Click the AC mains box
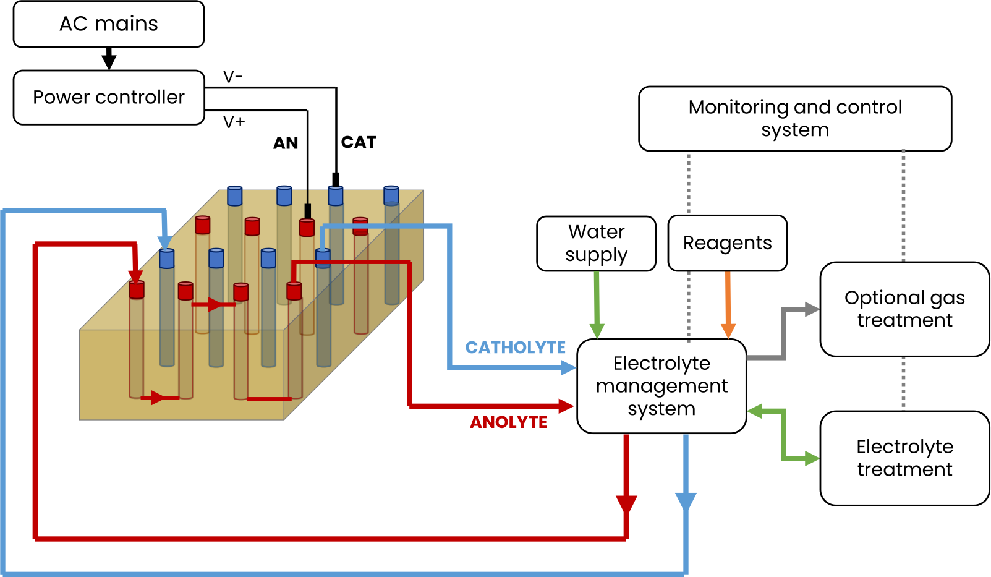[x=109, y=24]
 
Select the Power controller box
[x=109, y=98]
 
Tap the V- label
[x=233, y=77]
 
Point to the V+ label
[x=234, y=122]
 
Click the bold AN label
[x=286, y=143]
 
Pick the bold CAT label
[x=359, y=142]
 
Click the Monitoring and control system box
[x=795, y=119]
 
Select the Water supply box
[x=597, y=244]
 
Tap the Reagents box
[x=728, y=243]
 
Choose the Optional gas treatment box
[x=904, y=309]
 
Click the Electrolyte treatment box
[x=904, y=458]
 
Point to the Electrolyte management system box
[x=661, y=386]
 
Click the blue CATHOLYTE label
[x=516, y=348]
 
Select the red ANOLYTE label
[x=509, y=422]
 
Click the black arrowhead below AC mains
[x=109, y=61]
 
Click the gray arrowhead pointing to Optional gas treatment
[x=812, y=309]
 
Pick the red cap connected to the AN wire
[x=307, y=228]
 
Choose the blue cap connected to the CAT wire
[x=336, y=196]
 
